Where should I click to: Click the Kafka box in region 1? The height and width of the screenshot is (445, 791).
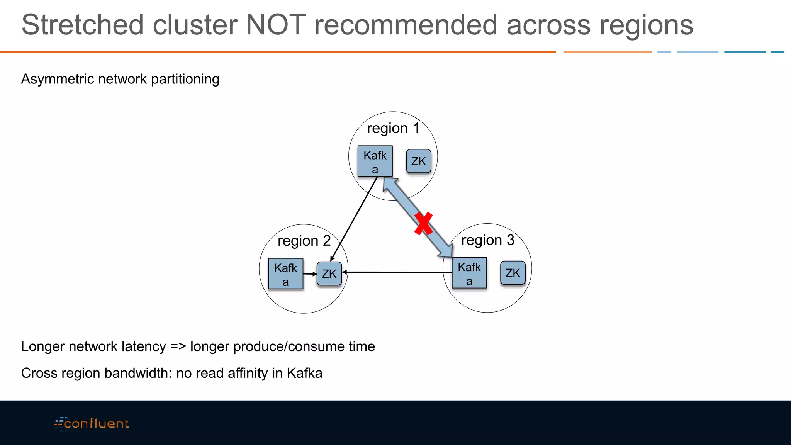click(375, 161)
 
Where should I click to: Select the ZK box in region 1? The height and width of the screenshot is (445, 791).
click(418, 161)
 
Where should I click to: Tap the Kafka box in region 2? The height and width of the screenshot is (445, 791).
click(285, 273)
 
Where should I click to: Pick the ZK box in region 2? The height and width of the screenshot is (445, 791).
click(329, 274)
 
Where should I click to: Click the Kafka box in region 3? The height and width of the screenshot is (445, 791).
click(469, 273)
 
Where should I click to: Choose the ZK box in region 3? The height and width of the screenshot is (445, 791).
click(513, 273)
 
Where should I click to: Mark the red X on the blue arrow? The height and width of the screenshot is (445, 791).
click(423, 224)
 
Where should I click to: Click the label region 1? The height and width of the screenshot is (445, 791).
click(393, 128)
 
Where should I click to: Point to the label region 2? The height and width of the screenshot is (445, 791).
click(304, 241)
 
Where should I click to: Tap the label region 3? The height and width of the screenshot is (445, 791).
click(487, 240)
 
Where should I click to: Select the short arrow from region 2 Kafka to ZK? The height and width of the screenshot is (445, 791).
click(310, 274)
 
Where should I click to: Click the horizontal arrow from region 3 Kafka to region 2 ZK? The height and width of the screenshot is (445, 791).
click(398, 272)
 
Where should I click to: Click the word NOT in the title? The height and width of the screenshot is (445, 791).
click(276, 25)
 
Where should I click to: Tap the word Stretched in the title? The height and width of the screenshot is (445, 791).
click(82, 25)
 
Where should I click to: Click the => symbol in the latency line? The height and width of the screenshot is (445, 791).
click(178, 346)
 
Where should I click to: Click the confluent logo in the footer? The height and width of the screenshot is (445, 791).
click(92, 424)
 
